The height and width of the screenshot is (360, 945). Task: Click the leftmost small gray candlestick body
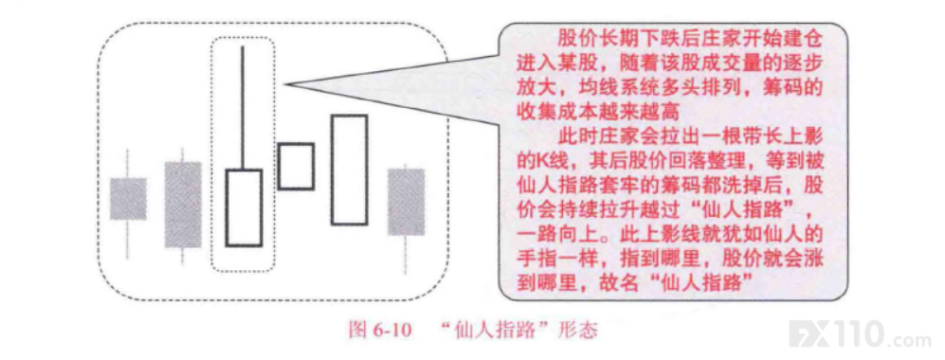pyautogui.click(x=128, y=199)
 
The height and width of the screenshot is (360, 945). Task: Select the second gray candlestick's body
pyautogui.click(x=183, y=205)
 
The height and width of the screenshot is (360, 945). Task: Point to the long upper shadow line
pyautogui.click(x=243, y=107)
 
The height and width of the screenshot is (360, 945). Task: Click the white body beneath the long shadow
pyautogui.click(x=244, y=207)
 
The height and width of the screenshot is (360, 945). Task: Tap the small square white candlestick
pyautogui.click(x=296, y=166)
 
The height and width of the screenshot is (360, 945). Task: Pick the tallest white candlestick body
pyautogui.click(x=350, y=170)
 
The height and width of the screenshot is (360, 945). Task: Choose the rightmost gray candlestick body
pyautogui.click(x=406, y=202)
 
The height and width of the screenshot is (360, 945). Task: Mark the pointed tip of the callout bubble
pyautogui.click(x=283, y=84)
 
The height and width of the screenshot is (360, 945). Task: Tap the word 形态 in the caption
pyautogui.click(x=580, y=331)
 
